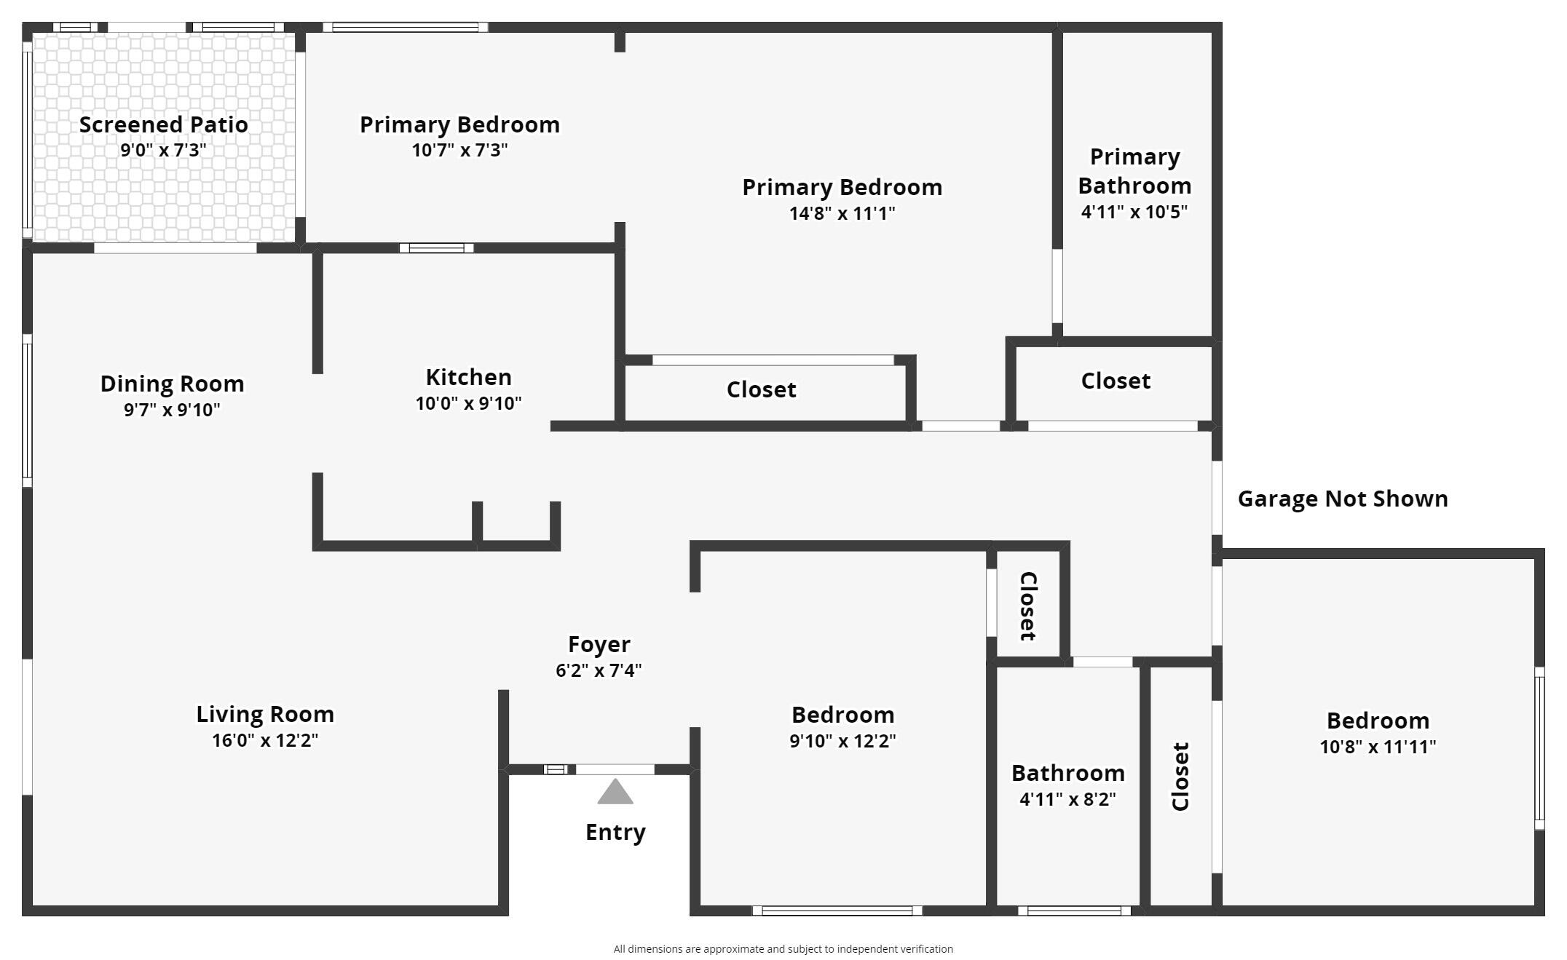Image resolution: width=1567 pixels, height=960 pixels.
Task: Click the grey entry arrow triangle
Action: (615, 792)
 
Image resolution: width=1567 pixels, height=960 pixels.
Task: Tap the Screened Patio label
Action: (164, 124)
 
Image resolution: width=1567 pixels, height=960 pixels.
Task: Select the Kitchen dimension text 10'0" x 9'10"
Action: (469, 403)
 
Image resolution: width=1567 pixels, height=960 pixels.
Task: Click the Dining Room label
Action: (173, 384)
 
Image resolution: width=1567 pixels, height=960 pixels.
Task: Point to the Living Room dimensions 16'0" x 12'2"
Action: (265, 740)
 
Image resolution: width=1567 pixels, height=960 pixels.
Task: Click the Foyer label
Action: (599, 645)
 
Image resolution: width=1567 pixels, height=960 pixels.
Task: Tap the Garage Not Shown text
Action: (1343, 499)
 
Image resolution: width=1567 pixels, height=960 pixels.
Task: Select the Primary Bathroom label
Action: (1134, 171)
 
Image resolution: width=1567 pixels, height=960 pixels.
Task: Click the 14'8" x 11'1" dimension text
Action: (842, 213)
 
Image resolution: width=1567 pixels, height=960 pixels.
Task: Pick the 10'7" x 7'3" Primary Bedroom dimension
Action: (460, 150)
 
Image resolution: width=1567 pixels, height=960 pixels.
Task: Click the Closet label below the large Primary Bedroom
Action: (762, 389)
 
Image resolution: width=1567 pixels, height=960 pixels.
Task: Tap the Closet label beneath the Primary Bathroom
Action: (1116, 381)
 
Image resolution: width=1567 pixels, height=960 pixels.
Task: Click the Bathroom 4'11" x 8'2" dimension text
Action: (1068, 799)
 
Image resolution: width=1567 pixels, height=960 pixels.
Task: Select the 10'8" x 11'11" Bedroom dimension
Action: (1378, 747)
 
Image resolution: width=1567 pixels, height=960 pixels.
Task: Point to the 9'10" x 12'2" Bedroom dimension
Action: (843, 741)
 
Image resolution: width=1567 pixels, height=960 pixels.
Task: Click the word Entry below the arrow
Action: (616, 833)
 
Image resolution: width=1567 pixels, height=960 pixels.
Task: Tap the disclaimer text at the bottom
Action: (783, 949)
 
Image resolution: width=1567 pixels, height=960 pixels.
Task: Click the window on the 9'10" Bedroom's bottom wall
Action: (837, 911)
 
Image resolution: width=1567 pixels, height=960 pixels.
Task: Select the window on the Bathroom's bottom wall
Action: (1074, 911)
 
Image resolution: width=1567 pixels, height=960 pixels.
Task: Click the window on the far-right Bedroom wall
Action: (1539, 748)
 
